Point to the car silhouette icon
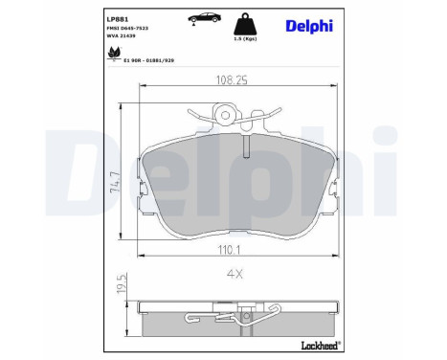pyautogui.click(x=205, y=19)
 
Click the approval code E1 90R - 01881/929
pyautogui.click(x=150, y=58)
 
